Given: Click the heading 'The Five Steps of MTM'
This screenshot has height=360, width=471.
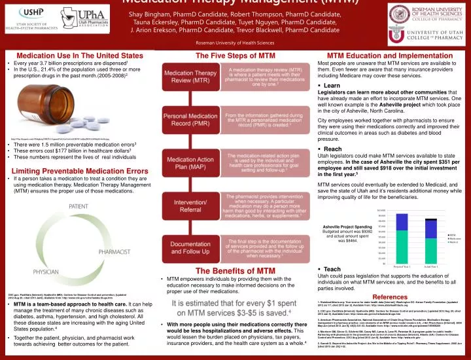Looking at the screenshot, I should (x=235, y=56).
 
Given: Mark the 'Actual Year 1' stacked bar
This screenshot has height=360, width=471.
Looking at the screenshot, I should (x=430, y=240).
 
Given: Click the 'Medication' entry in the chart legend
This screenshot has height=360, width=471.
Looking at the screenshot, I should (x=455, y=238).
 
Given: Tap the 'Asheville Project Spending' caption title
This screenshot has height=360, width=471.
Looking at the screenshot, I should (x=349, y=226).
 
